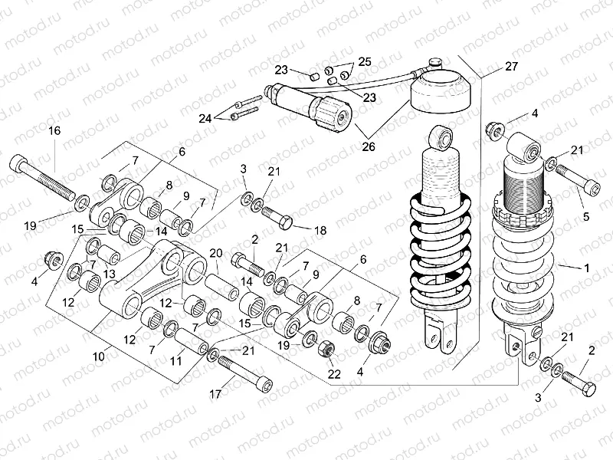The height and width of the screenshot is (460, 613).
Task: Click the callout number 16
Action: click(x=54, y=131)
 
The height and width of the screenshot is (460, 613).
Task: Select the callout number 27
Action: click(x=511, y=67)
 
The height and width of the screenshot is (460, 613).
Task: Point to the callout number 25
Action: click(x=364, y=61)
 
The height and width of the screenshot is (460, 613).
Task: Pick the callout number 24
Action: click(x=205, y=118)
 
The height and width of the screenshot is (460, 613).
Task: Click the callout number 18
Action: click(x=320, y=229)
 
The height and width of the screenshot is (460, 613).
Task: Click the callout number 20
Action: click(x=215, y=254)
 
